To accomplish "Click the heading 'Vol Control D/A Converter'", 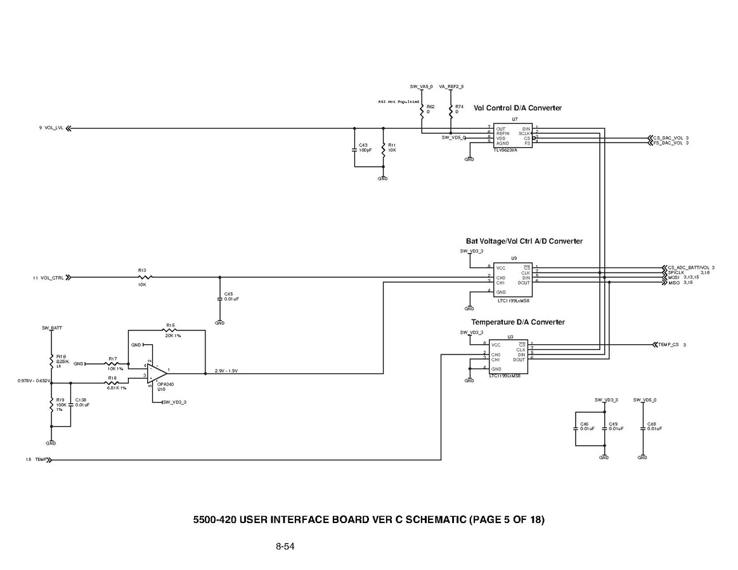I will tap(517, 108).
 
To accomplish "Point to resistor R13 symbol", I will tap(145, 277).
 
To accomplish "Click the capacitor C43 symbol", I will tap(354, 150).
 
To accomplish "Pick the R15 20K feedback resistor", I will tap(170, 330).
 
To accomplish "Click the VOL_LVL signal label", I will tap(54, 128).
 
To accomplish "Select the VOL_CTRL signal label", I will tap(51, 278).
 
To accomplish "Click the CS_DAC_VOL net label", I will tap(668, 138).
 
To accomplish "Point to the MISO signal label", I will tap(674, 283).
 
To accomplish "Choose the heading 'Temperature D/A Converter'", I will tap(517, 322).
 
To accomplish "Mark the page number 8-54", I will tap(285, 546).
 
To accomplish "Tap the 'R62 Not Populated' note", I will tap(399, 101).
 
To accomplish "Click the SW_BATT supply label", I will tap(51, 328).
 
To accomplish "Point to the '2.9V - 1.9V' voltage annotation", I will tap(226, 371).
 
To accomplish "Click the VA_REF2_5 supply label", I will tap(451, 86).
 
